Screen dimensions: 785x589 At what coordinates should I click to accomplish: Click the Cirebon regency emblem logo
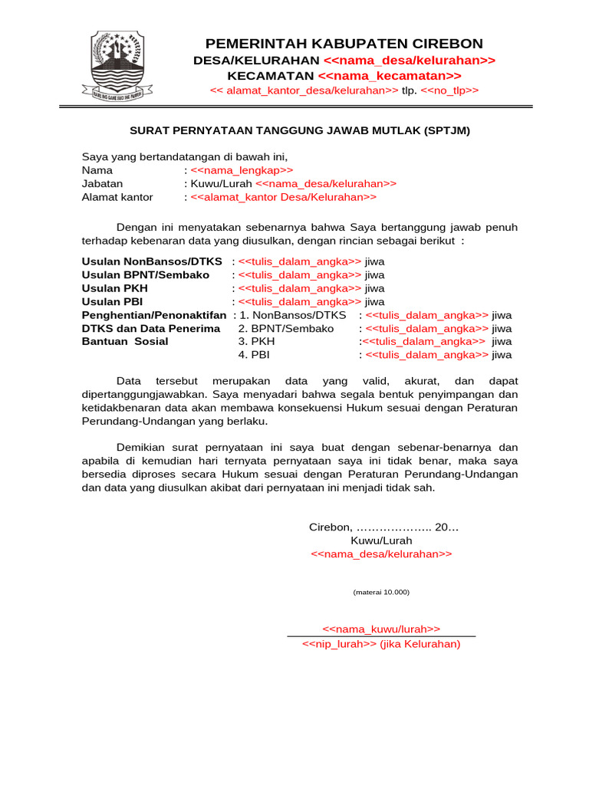[x=116, y=67]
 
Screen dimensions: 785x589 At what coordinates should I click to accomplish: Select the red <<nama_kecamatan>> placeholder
[x=389, y=76]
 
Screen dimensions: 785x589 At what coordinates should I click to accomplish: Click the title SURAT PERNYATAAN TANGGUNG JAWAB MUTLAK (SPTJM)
[x=298, y=130]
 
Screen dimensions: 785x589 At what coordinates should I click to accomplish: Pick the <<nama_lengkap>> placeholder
[x=242, y=170]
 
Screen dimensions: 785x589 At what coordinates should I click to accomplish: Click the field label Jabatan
[x=102, y=184]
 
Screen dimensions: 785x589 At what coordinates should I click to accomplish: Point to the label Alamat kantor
[x=117, y=197]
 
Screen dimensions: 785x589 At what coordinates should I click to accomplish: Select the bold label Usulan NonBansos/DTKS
[x=152, y=261]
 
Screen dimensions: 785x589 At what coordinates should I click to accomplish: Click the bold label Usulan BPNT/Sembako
[x=146, y=274]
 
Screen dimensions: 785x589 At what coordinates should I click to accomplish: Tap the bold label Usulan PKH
[x=115, y=288]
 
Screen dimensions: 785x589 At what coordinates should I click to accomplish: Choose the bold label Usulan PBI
[x=113, y=301]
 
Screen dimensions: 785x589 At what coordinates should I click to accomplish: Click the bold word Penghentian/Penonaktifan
[x=154, y=315]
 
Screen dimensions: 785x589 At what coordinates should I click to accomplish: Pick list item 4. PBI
[x=254, y=355]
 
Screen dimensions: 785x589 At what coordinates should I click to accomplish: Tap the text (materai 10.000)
[x=381, y=592]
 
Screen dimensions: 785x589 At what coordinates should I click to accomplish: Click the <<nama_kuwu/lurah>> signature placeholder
[x=381, y=629]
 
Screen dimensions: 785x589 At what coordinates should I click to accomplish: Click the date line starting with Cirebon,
[x=383, y=527]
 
